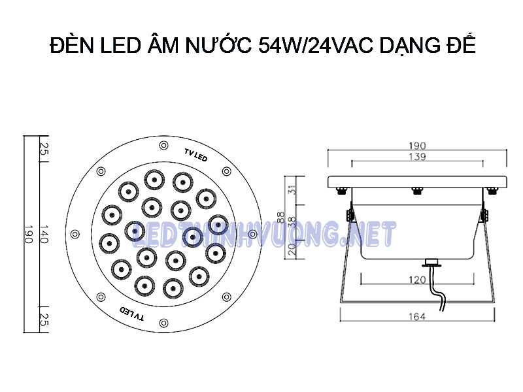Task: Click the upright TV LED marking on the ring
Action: coord(195,155)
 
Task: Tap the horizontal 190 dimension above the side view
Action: coord(418,145)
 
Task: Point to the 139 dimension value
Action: coord(417,157)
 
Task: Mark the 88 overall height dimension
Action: coord(280,216)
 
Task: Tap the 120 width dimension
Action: coord(417,280)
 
